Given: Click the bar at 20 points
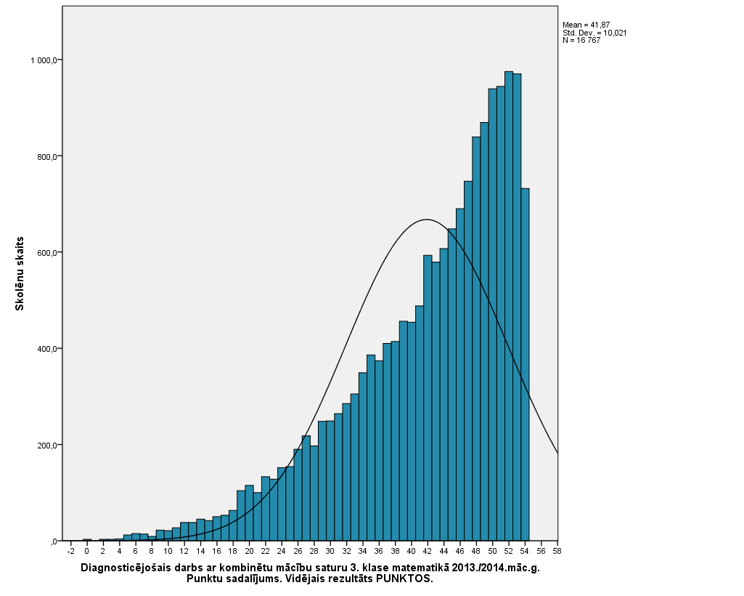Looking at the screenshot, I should click(x=249, y=513).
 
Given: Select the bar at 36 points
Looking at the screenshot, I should click(x=379, y=451).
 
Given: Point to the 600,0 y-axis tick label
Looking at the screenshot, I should click(x=46, y=252).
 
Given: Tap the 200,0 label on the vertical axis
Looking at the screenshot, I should click(x=46, y=445).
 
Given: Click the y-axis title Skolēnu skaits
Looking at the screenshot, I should click(x=20, y=273).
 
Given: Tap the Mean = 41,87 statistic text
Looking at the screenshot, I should click(x=586, y=25).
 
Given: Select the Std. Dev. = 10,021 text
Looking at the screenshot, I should click(x=594, y=33).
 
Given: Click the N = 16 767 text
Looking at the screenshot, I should click(x=581, y=40).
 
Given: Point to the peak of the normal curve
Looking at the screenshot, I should click(x=427, y=220).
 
